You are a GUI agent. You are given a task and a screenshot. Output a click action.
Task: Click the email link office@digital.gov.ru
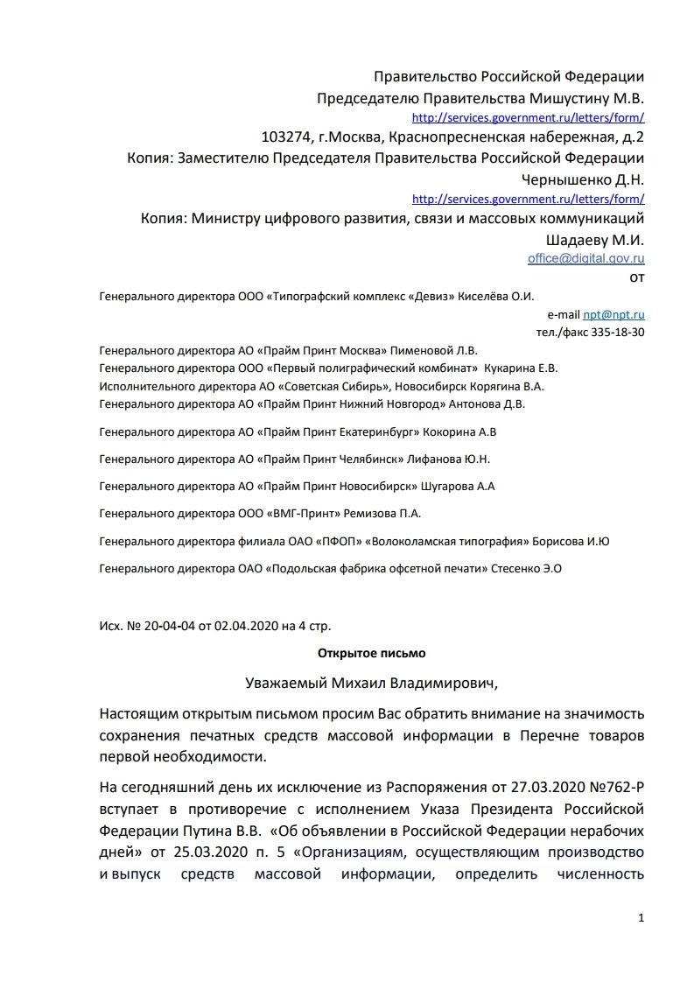585,258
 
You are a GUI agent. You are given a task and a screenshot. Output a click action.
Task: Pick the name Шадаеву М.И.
595,239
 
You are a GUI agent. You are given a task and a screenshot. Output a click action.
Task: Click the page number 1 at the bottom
642,918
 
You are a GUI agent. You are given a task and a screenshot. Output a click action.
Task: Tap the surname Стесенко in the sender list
515,568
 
